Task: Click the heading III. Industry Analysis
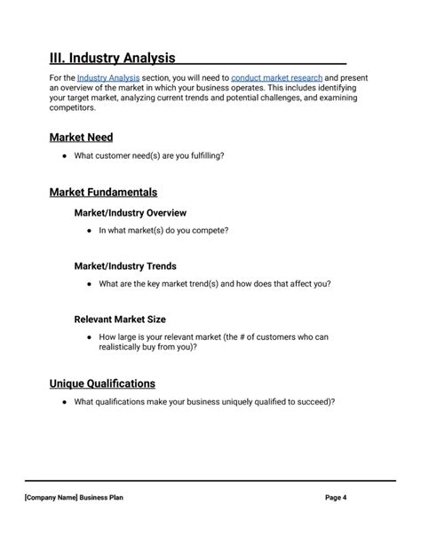pos(112,59)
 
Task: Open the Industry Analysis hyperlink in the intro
pos(107,78)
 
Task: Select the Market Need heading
pos(81,138)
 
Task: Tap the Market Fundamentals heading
pos(103,192)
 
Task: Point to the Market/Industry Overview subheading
pos(130,213)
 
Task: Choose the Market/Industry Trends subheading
pos(124,266)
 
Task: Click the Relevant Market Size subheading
pos(119,319)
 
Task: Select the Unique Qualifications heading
pos(102,383)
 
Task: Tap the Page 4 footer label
pos(336,498)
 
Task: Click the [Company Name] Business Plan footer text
pos(74,498)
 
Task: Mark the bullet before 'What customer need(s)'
pos(65,156)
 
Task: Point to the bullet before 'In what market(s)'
pos(90,231)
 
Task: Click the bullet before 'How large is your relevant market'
pos(90,337)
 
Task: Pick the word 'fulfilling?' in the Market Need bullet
pos(205,156)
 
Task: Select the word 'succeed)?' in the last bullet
pos(315,402)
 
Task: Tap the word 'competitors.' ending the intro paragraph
pos(72,107)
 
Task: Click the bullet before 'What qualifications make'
pos(65,402)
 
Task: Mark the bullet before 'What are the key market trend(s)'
pos(90,284)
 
